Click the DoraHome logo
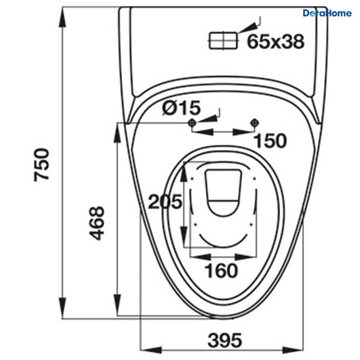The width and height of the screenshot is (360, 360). [x=327, y=13]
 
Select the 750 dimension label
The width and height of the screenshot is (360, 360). [x=41, y=165]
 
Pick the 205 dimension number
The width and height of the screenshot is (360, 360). [x=165, y=202]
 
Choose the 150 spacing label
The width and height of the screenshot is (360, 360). [x=270, y=141]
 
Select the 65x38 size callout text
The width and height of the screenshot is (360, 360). [x=276, y=41]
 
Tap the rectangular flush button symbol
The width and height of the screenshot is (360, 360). [x=223, y=41]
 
